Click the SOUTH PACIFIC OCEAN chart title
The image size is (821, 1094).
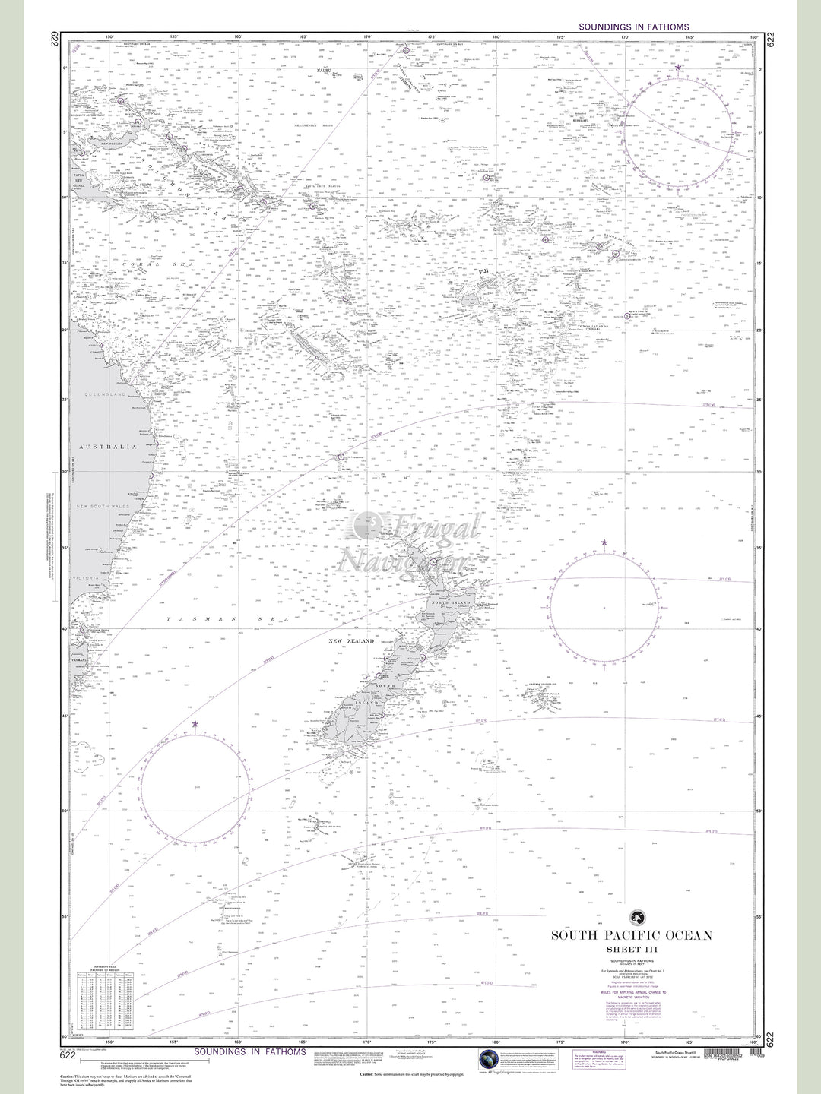point(632,934)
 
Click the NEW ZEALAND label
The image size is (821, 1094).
point(350,641)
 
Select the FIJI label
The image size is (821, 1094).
point(483,271)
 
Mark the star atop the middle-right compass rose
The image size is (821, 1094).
point(604,542)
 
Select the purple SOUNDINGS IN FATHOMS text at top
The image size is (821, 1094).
point(634,27)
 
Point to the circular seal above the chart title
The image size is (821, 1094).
point(632,917)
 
